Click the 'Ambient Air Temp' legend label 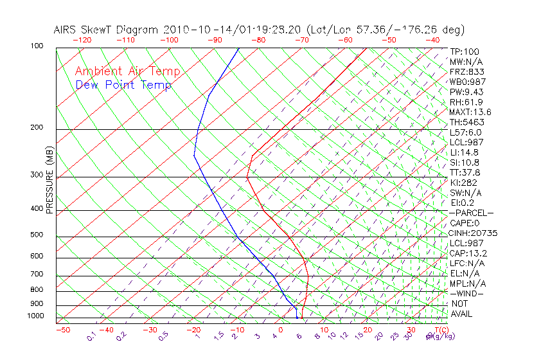pos(127,71)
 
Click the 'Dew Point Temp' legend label pos(123,85)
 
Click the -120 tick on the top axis pos(82,40)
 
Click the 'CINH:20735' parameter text pos(474,233)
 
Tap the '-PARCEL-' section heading pos(471,213)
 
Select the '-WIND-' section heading pos(467,293)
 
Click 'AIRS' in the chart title pos(67,30)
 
